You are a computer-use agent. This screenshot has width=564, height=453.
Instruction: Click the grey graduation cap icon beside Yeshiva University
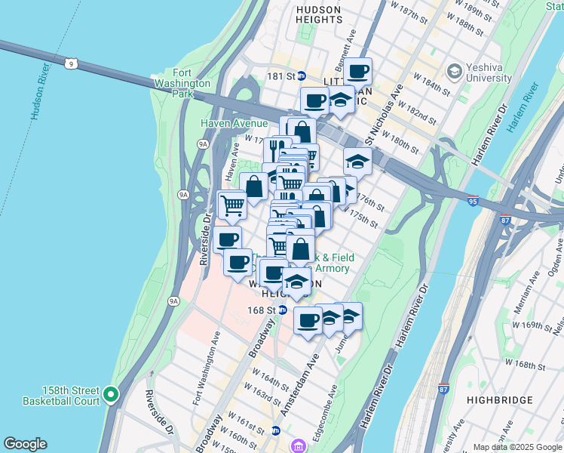454,71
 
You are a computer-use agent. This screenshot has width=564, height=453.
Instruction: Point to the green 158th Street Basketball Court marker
111,394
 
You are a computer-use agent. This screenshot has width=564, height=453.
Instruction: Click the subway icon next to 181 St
300,75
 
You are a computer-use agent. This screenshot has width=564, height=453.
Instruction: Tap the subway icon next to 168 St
282,310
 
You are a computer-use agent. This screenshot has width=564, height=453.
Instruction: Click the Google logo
25,444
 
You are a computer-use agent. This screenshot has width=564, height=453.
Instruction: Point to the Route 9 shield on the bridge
70,64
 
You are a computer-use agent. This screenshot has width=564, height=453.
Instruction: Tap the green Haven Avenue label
234,123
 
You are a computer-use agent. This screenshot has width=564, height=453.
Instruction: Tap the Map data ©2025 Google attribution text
516,446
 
